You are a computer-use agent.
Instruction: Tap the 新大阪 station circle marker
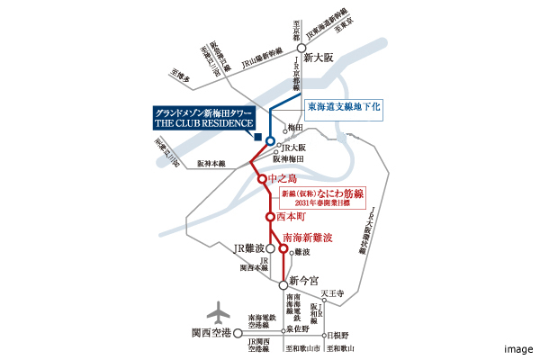(x=301, y=57)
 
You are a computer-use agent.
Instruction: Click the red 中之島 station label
(x=287, y=179)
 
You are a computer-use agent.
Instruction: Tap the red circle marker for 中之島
(x=263, y=179)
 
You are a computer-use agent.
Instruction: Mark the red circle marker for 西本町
(x=269, y=217)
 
